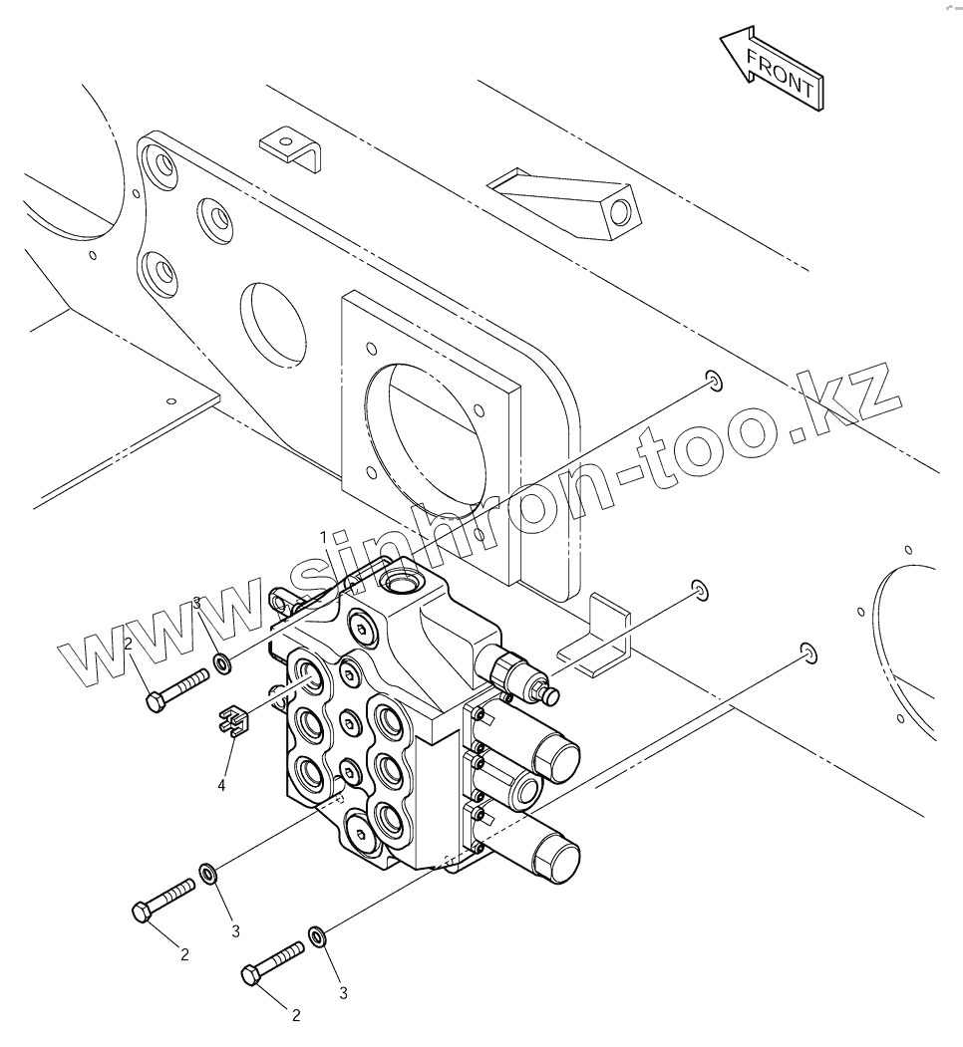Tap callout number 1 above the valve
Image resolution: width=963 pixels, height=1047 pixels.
point(323,537)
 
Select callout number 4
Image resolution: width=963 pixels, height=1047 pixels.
point(221,785)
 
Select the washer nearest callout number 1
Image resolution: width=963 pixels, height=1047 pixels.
point(220,661)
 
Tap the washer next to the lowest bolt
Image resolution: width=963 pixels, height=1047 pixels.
point(317,936)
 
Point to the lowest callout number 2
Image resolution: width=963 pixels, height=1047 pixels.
point(296,1015)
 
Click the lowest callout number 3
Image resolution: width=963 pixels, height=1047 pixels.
point(343,992)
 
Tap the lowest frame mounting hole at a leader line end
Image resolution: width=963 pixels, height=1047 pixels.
point(807,654)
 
